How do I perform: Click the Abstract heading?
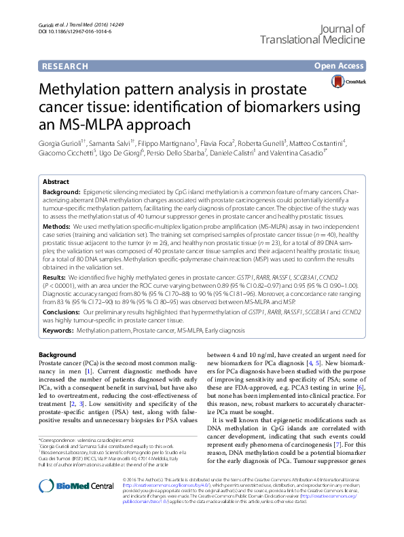point(56,182)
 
